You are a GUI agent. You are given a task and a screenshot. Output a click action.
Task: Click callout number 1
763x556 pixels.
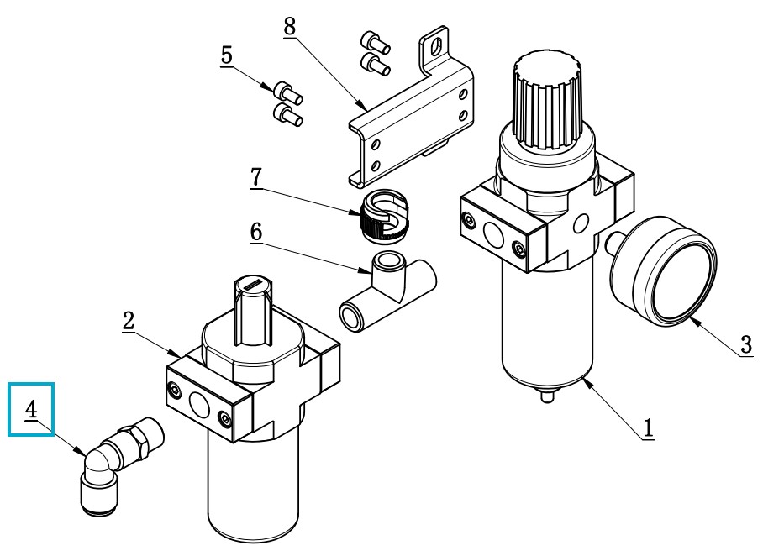coord(648,428)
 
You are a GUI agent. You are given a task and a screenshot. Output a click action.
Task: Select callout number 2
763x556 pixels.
coord(128,322)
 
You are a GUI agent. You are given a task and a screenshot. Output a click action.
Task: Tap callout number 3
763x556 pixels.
coord(746,345)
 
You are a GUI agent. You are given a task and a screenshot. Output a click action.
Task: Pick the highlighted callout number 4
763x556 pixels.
coord(31,409)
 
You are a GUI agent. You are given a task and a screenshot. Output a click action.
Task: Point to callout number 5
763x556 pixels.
coord(226,55)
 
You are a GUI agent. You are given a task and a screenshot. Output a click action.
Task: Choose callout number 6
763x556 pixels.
coord(256,232)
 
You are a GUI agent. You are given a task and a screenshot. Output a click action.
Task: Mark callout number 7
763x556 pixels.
coord(256,177)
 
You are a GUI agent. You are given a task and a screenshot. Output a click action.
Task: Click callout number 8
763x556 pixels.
coord(290,27)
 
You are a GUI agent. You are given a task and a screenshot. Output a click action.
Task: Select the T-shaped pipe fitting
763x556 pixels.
coord(387,293)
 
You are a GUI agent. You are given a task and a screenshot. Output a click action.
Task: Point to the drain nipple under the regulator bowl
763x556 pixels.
coord(547,396)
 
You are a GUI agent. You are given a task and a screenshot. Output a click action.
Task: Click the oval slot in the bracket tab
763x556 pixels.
coord(437,47)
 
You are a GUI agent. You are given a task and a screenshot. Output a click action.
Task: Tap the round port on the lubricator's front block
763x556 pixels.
coord(198,404)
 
